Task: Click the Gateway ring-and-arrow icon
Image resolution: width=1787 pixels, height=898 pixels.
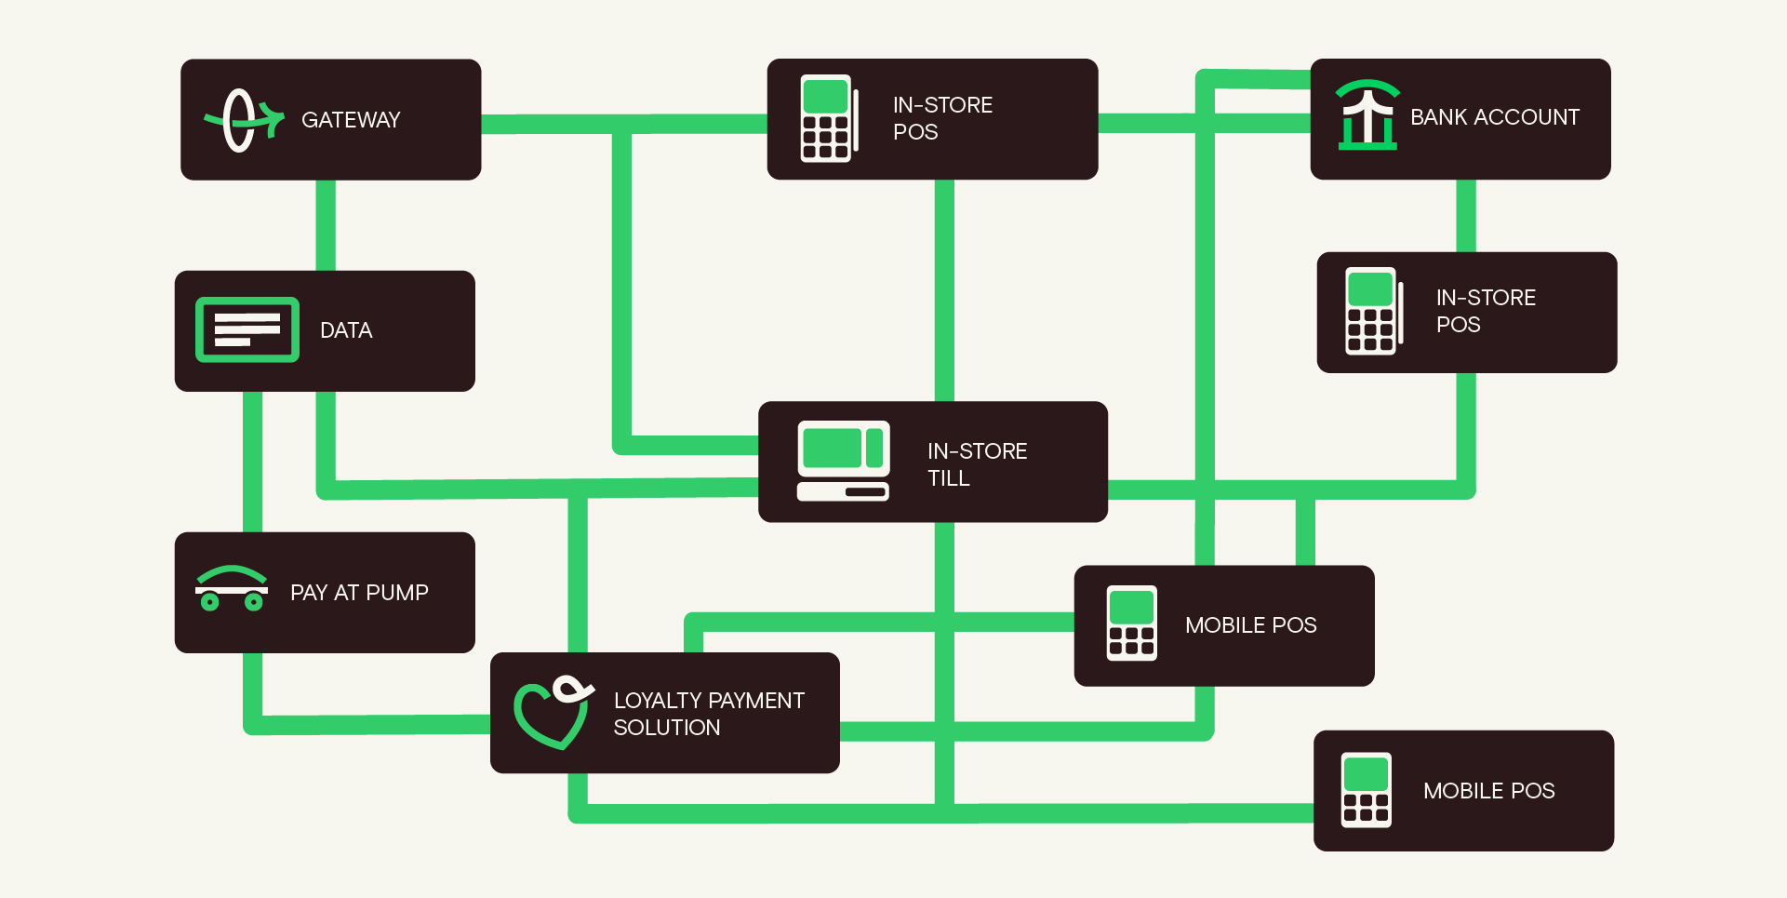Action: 243,120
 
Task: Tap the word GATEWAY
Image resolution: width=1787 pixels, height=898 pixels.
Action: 351,120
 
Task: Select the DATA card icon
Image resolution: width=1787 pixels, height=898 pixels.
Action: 247,329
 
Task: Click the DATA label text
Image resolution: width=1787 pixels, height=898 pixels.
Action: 346,330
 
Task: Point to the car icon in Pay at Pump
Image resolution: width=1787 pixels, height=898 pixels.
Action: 232,589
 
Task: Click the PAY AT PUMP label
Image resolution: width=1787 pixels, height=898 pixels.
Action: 359,593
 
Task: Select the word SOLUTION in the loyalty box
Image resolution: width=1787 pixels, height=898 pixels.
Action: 666,728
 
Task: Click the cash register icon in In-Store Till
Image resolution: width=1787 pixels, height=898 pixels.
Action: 843,461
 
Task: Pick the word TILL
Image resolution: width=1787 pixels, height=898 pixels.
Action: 948,478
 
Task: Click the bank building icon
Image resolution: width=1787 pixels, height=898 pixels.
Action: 1367,115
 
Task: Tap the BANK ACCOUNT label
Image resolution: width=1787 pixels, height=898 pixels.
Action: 1494,117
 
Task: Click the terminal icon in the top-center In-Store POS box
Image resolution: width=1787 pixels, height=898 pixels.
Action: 827,118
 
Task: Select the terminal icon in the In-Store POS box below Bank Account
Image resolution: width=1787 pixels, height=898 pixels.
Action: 1372,311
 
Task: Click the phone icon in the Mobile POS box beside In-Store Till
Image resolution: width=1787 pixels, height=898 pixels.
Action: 1131,623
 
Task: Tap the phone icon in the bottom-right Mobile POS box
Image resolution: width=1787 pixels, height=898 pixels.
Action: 1366,789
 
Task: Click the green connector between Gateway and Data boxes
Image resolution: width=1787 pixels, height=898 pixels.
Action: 326,225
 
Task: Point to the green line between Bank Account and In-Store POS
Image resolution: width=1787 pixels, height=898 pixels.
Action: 1465,216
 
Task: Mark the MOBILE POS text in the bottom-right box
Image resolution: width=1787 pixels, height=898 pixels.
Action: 1488,791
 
